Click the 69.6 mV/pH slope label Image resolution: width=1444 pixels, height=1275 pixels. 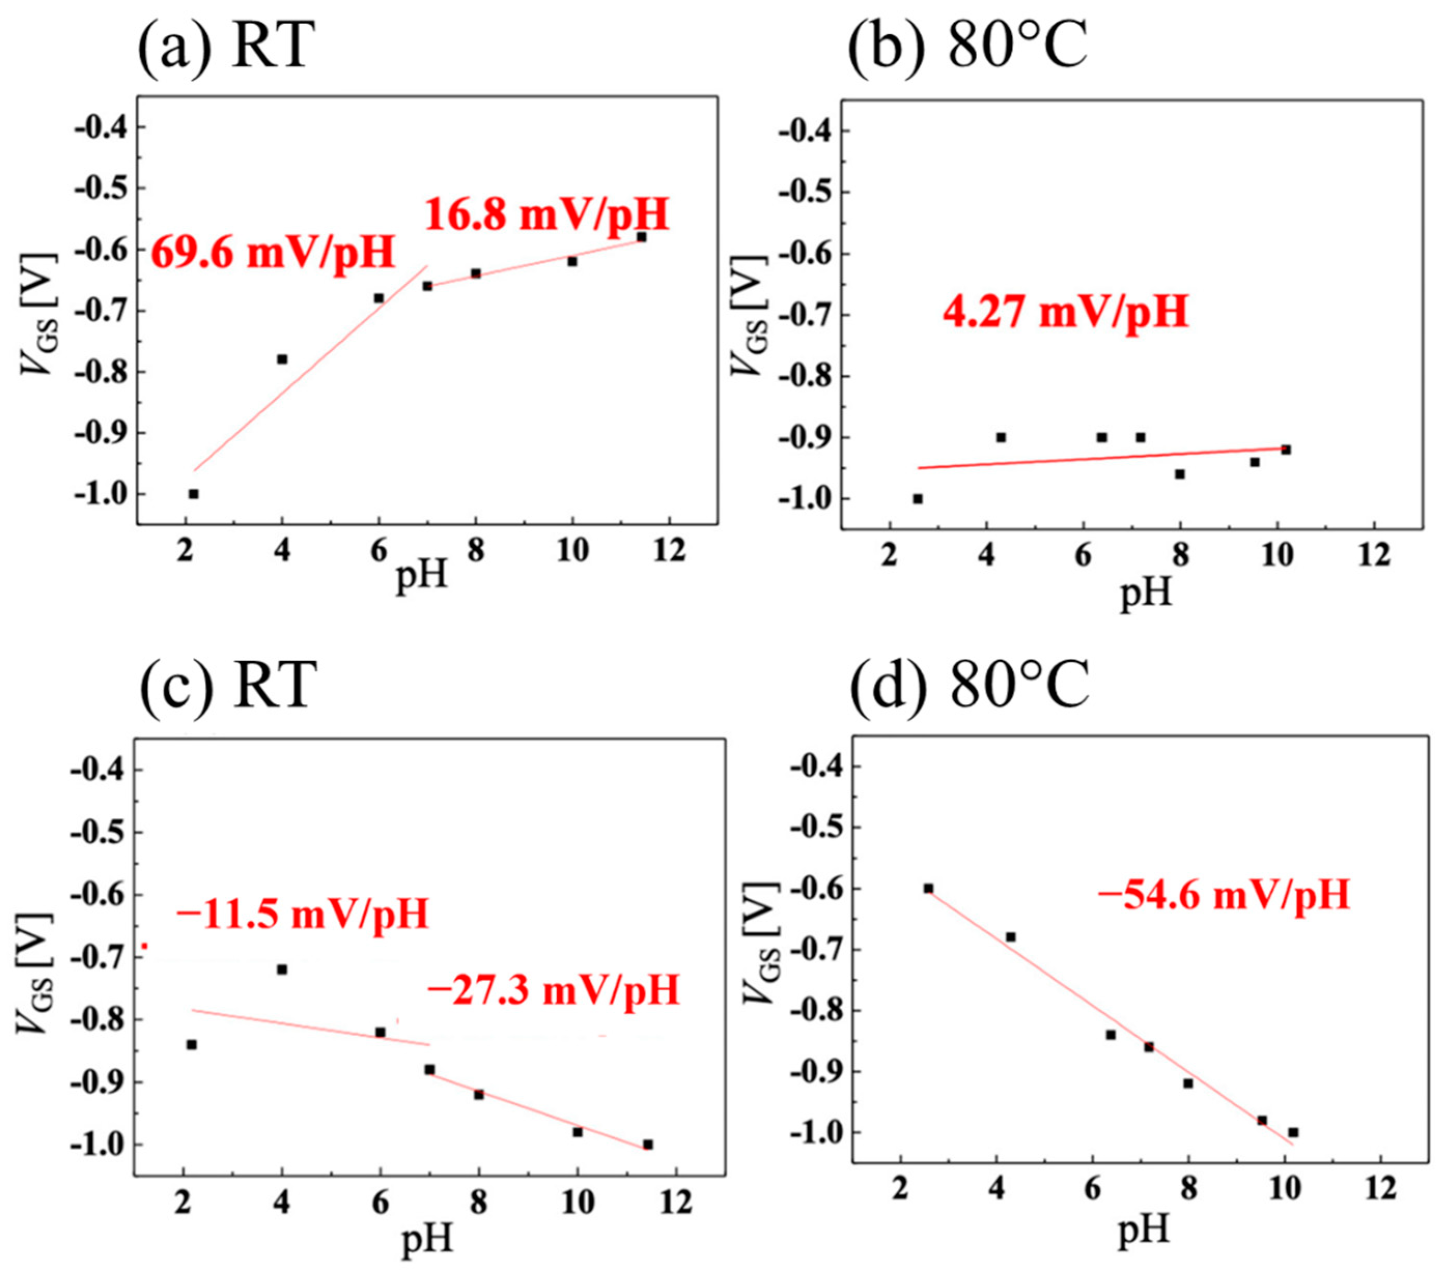(x=273, y=253)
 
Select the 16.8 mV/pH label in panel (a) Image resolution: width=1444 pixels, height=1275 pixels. (x=546, y=214)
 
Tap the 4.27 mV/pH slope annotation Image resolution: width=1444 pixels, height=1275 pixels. (x=1065, y=313)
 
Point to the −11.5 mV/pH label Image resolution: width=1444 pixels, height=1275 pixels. (x=302, y=914)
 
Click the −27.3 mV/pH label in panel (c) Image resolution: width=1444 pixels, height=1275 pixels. (x=553, y=991)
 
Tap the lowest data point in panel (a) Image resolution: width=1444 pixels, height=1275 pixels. (x=193, y=494)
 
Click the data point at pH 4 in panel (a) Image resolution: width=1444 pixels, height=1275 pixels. (x=282, y=359)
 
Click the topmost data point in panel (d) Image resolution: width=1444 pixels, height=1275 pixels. (x=928, y=889)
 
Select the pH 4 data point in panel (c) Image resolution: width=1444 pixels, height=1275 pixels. (x=282, y=969)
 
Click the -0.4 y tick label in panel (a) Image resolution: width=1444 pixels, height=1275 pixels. (x=104, y=127)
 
